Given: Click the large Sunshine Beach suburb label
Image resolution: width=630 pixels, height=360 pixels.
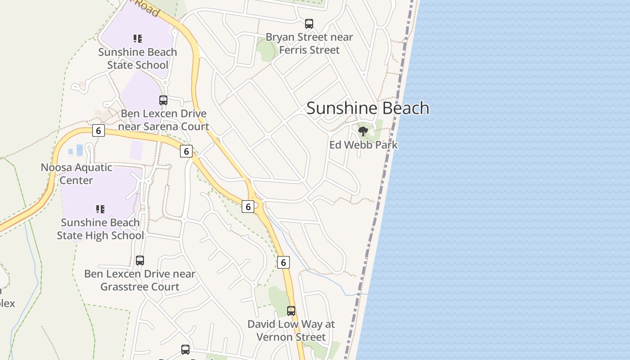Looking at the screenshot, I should [368, 108].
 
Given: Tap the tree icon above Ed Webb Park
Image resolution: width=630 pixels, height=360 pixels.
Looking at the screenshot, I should [363, 131].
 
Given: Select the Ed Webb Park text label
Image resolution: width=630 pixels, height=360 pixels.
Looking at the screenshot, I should [363, 145].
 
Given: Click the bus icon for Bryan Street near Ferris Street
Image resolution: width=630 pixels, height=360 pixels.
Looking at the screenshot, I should [309, 24].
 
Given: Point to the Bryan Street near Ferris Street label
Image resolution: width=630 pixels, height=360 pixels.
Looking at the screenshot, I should [309, 43].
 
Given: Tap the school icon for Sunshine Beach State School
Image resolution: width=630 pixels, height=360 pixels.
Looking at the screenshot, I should [138, 39].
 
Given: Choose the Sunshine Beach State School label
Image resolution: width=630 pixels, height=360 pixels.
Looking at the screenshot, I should [138, 58].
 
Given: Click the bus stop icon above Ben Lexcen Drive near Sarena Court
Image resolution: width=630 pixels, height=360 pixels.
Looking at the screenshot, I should [163, 100].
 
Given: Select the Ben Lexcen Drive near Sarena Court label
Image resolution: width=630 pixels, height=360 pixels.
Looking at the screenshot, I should [164, 120].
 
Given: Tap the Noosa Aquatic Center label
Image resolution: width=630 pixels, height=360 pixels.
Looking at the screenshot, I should [76, 174].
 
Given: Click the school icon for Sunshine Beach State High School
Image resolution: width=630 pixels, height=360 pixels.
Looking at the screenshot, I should [100, 209].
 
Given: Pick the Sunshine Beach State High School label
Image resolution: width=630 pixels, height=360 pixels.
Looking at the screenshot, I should [100, 229].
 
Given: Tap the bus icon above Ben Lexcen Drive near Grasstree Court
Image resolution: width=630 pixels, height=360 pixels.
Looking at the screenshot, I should [140, 260].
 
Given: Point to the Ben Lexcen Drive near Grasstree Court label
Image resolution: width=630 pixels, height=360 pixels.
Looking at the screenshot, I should [140, 280].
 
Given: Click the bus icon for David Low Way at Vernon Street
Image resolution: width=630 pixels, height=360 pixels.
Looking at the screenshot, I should [291, 310].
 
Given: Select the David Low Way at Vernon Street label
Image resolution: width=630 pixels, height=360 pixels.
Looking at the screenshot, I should [291, 330].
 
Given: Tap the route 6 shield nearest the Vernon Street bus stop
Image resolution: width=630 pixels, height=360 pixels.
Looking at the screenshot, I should [283, 262].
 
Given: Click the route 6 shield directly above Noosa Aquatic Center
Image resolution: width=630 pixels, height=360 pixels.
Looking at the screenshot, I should [98, 131].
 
